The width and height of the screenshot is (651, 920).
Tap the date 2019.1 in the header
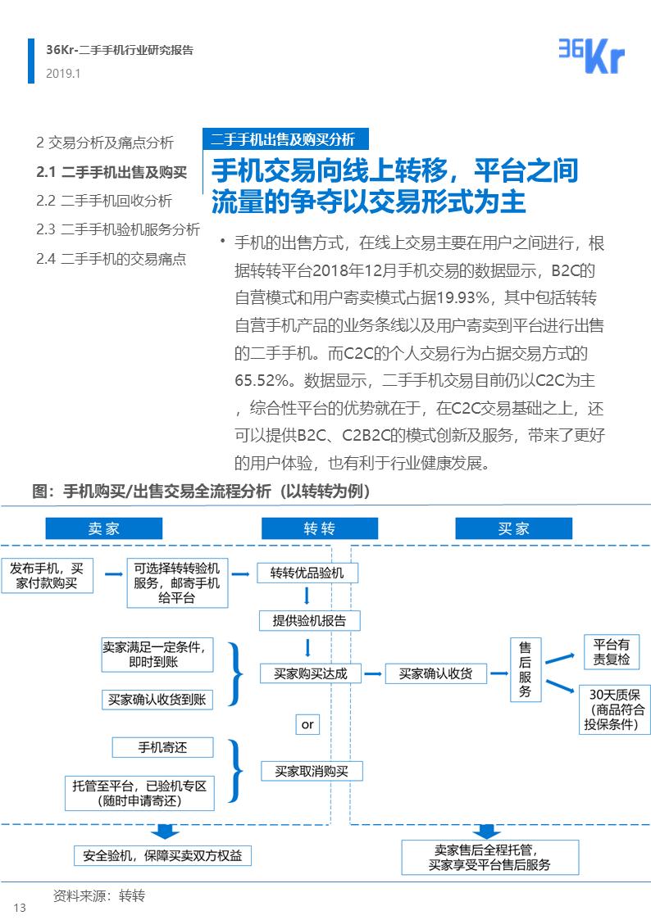(x=63, y=74)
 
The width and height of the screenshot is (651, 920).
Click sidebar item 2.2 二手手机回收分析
(x=104, y=201)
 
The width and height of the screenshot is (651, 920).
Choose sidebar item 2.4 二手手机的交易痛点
(x=111, y=259)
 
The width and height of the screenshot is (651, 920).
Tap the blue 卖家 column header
(x=103, y=528)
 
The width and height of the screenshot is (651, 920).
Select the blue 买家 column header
(x=513, y=528)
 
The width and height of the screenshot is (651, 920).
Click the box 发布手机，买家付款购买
(x=47, y=576)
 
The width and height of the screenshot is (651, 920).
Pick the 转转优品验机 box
(x=307, y=573)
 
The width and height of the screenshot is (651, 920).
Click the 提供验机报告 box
(x=309, y=620)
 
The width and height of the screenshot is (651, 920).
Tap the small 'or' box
(x=307, y=724)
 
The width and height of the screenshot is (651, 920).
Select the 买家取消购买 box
(x=312, y=771)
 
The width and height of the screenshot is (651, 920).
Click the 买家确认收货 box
(x=435, y=673)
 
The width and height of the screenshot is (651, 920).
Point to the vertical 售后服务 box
(x=526, y=670)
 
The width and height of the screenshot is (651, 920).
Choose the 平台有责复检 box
(x=611, y=651)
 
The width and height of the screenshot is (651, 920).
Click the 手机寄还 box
(x=162, y=747)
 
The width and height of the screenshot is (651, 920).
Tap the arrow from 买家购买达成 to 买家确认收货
(x=373, y=674)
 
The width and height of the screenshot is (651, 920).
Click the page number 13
(x=20, y=907)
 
